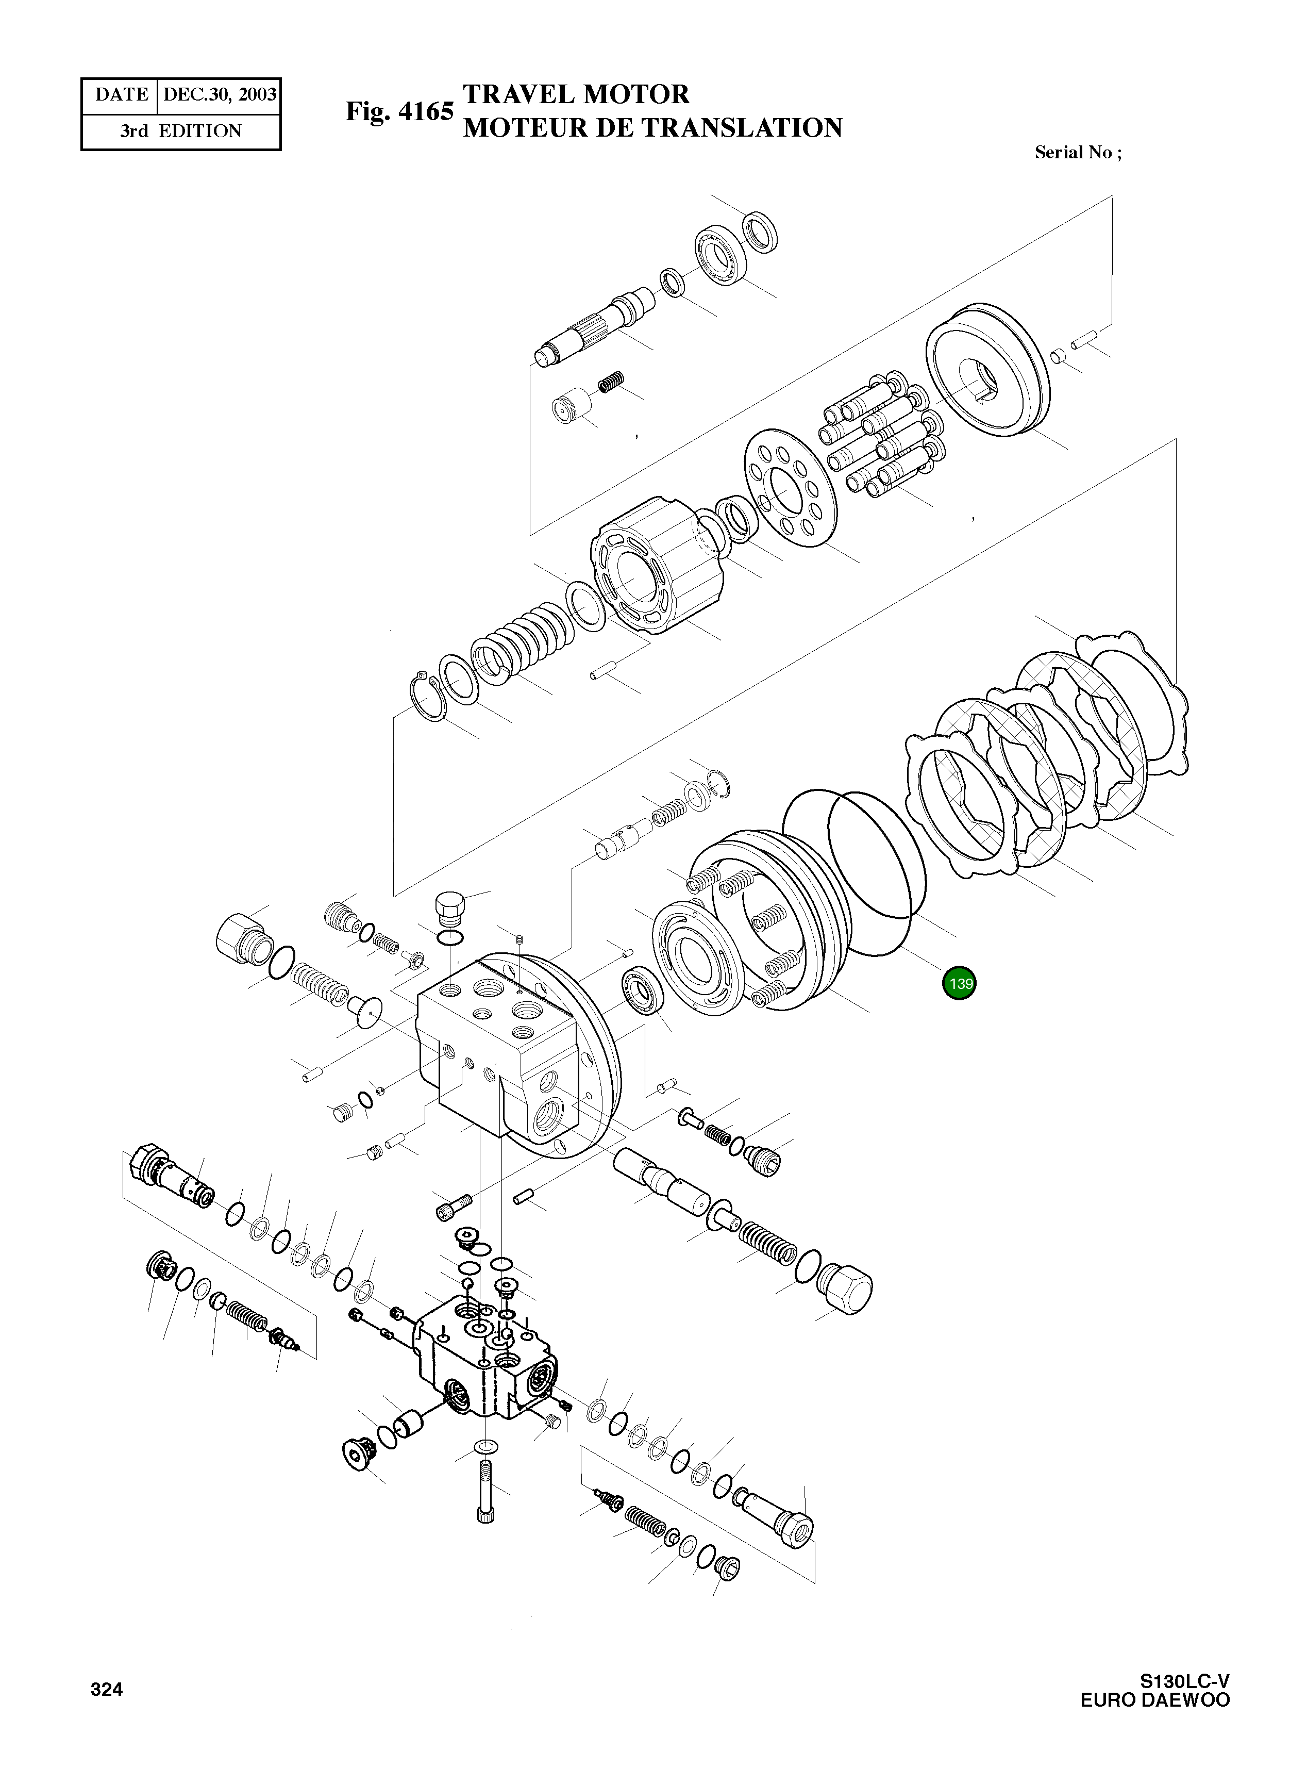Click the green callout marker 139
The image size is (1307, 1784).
coord(959,984)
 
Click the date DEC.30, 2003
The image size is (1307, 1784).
coord(219,95)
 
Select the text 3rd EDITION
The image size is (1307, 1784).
coord(181,131)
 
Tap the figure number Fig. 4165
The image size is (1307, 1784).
coord(399,111)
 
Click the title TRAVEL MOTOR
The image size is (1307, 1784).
coord(576,95)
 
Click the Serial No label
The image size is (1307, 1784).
coord(1078,153)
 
